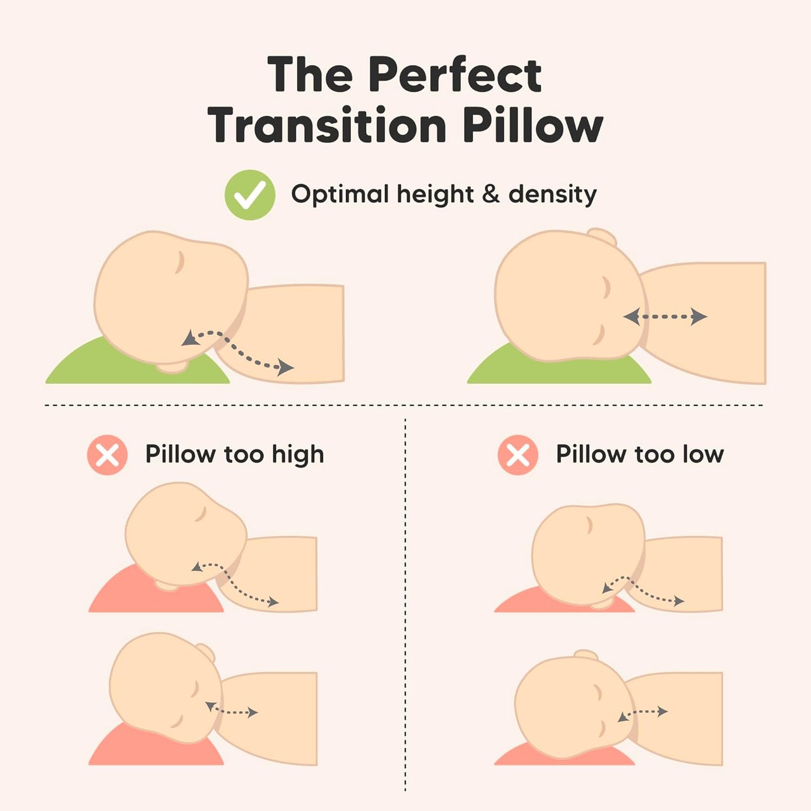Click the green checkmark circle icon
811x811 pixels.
(x=250, y=195)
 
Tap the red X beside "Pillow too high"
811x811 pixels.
(x=107, y=455)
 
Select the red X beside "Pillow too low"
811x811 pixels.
(x=517, y=455)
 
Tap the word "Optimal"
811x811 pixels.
(x=340, y=194)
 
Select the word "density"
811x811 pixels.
(x=552, y=195)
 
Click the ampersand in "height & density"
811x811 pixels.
(x=491, y=194)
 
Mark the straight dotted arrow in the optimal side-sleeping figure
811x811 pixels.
(x=665, y=317)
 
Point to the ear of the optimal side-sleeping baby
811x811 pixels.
(x=602, y=237)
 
